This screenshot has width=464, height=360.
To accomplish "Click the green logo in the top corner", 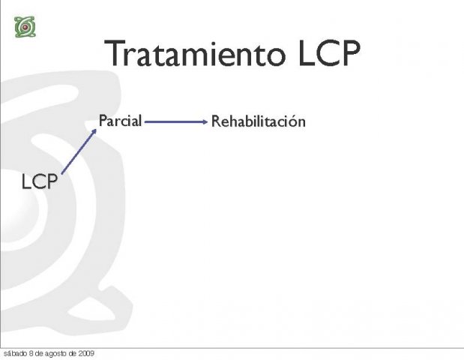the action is click(x=25, y=27).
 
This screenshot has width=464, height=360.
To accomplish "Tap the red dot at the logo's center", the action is click(x=25, y=27).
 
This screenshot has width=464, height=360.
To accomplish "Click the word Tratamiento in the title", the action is click(x=195, y=53).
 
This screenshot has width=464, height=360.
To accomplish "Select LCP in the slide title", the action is click(x=329, y=53).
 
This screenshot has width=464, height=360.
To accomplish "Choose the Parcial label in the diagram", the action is click(x=120, y=121).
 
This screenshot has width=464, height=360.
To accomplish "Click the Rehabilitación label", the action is click(x=259, y=121).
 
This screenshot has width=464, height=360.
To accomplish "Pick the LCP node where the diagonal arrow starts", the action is click(x=40, y=181).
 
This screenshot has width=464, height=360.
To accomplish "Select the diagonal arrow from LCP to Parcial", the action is click(x=79, y=151).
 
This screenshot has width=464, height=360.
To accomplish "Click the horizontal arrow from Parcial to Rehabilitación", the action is click(x=176, y=121).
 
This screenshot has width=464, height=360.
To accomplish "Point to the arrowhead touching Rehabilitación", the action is click(x=205, y=121).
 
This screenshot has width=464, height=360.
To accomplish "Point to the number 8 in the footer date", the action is click(x=31, y=353).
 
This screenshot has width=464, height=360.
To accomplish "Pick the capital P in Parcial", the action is click(x=103, y=121).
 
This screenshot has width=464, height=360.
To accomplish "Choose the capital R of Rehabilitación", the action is click(x=216, y=121).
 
